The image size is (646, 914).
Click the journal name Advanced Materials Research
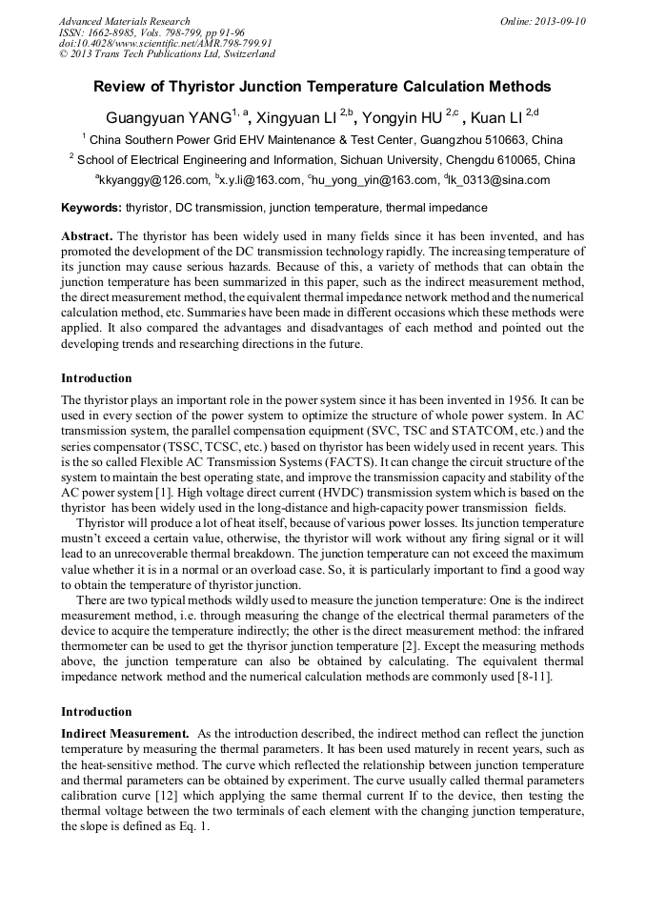pyautogui.click(x=124, y=21)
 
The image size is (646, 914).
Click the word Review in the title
pyautogui.click(x=120, y=87)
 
